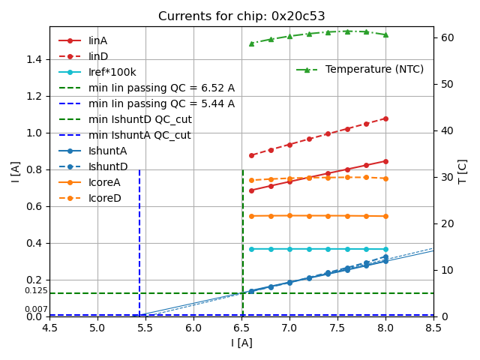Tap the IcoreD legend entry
click(104, 198)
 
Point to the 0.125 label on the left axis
click(35, 291)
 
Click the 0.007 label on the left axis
click(35, 310)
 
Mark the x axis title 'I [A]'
click(241, 343)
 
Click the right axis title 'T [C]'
click(463, 171)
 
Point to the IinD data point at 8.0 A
click(385, 118)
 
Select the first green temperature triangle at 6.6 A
click(251, 43)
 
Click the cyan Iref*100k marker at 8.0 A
click(385, 249)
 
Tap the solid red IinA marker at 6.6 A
click(251, 190)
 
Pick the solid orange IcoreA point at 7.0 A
click(289, 215)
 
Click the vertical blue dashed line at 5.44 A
click(139, 240)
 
